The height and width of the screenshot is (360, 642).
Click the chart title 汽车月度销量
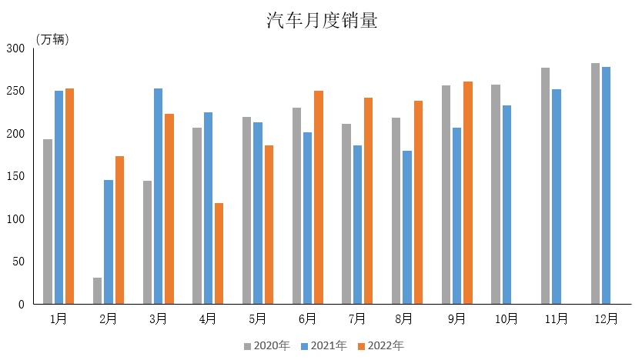point(322,21)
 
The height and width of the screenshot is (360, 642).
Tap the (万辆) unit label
point(52,40)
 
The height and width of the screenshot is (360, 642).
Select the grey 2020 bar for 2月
point(97,291)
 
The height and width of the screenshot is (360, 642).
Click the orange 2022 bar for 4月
point(219,253)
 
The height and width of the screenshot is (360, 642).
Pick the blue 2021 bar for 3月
point(158,196)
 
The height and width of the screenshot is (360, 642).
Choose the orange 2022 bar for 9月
point(467,192)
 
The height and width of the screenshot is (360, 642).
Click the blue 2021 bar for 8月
point(406,227)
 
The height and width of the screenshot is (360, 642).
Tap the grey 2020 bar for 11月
point(545,185)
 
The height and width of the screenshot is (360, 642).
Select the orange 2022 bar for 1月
point(69,196)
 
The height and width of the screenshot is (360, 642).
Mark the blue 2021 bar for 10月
point(507,205)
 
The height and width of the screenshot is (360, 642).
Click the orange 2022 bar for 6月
point(318,197)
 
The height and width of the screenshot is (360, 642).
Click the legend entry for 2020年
point(266,345)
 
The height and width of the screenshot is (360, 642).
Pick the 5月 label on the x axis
point(257,318)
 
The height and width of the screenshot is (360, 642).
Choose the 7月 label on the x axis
point(356,318)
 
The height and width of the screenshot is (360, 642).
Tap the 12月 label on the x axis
point(606,318)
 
